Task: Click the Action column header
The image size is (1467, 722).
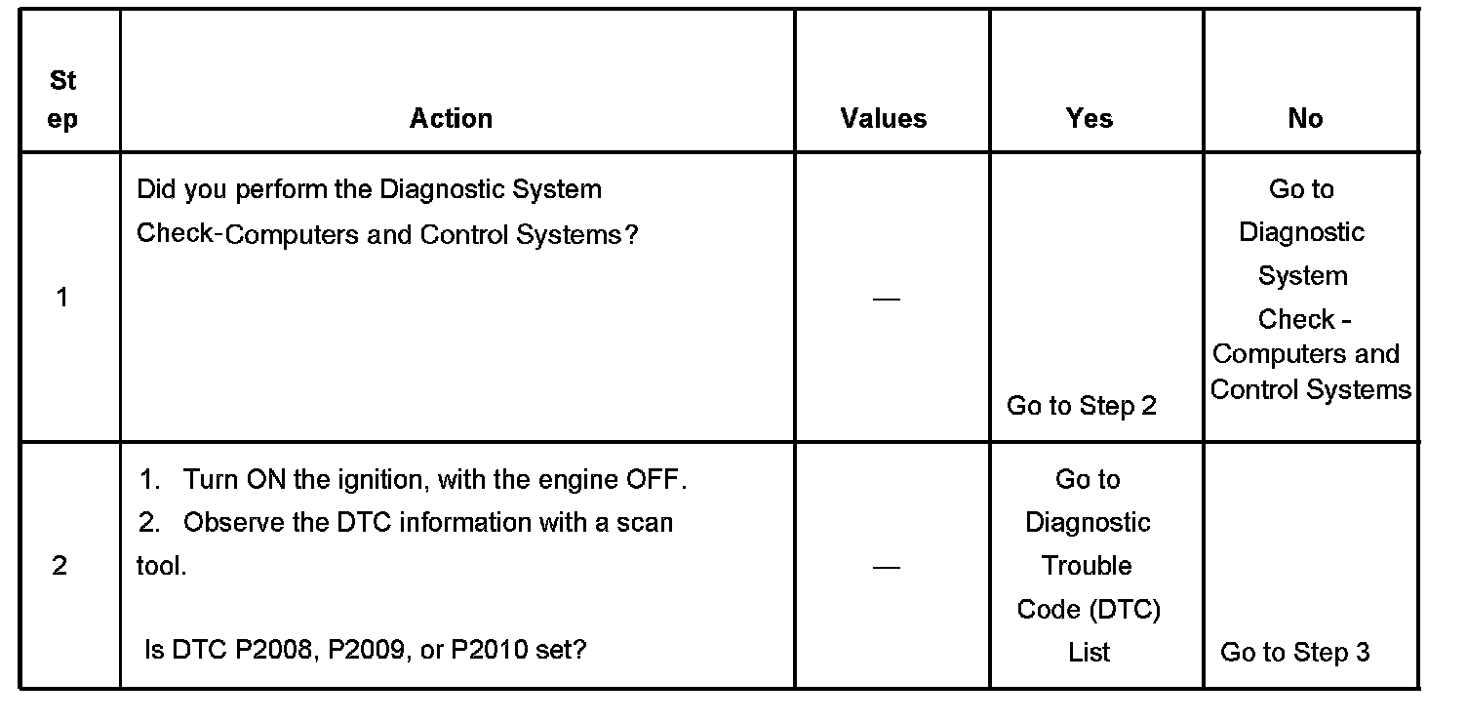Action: pyautogui.click(x=451, y=119)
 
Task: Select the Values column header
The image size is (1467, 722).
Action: pyautogui.click(x=884, y=119)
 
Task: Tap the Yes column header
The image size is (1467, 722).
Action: pyautogui.click(x=1089, y=119)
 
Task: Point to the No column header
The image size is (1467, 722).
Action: pyautogui.click(x=1305, y=119)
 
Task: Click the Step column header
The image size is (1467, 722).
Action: pyautogui.click(x=62, y=100)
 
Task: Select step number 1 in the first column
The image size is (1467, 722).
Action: pyautogui.click(x=62, y=298)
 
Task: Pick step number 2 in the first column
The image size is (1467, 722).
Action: pyautogui.click(x=59, y=566)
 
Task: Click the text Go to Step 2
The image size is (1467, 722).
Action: pyautogui.click(x=1081, y=406)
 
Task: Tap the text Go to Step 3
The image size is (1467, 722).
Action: pyautogui.click(x=1294, y=653)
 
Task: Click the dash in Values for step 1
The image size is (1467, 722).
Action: pyautogui.click(x=886, y=299)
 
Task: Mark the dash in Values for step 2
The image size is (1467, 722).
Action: pyautogui.click(x=886, y=567)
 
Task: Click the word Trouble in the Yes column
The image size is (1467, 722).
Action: pyautogui.click(x=1087, y=566)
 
